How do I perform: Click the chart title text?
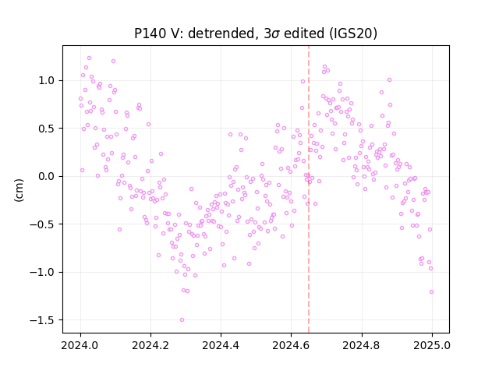256,34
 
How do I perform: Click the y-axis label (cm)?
19,190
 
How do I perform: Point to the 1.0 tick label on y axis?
47,80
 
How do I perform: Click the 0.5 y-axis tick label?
47,129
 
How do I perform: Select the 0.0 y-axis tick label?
47,176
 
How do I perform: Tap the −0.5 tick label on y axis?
42,224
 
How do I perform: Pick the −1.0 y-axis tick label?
42,272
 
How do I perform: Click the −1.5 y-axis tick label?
42,320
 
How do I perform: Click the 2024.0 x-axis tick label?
80,345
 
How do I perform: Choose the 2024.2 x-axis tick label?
150,345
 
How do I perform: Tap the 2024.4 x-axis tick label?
221,345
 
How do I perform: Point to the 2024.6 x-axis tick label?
291,345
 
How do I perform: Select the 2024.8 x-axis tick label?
362,345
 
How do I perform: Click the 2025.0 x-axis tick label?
432,345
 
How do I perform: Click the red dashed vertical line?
309,189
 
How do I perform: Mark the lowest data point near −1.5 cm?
182,320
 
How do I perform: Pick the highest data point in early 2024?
89,58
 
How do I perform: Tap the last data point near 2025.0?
431,292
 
